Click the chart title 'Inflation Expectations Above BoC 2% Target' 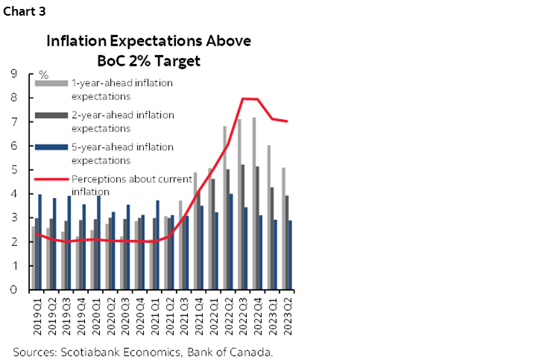[149, 50]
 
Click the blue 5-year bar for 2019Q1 [40, 241]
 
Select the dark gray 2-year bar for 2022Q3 [243, 227]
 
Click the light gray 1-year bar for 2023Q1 [268, 217]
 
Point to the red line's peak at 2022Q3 [243, 98]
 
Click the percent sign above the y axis [43, 75]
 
